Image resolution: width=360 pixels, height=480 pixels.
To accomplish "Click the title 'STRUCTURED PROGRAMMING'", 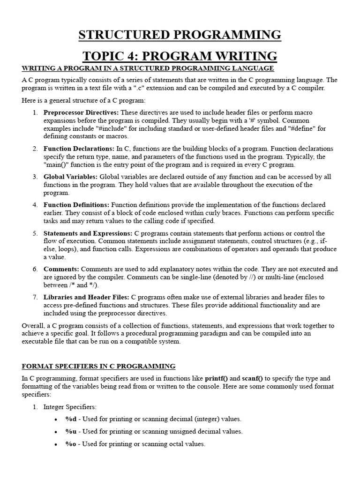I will click(180, 35).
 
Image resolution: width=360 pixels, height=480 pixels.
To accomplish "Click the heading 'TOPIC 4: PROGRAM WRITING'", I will click(180, 56).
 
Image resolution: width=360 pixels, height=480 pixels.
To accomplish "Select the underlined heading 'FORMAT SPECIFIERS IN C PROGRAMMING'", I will click(98, 366).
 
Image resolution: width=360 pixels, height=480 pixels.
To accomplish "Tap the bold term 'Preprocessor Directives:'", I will click(81, 112).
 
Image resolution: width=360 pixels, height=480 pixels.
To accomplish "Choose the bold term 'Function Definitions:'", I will click(76, 205).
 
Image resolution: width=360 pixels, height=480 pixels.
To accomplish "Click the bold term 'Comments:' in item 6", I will click(61, 269).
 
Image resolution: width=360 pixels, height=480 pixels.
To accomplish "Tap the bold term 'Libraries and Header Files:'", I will click(86, 297).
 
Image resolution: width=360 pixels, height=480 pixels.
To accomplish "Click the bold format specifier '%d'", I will click(71, 419).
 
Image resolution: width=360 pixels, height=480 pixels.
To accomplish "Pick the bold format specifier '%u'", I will click(71, 431).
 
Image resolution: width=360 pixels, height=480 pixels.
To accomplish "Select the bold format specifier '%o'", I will click(71, 444).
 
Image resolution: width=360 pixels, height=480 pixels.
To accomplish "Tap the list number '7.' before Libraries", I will click(35, 297).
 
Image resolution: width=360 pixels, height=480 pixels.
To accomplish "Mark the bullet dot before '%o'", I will click(56, 444).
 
